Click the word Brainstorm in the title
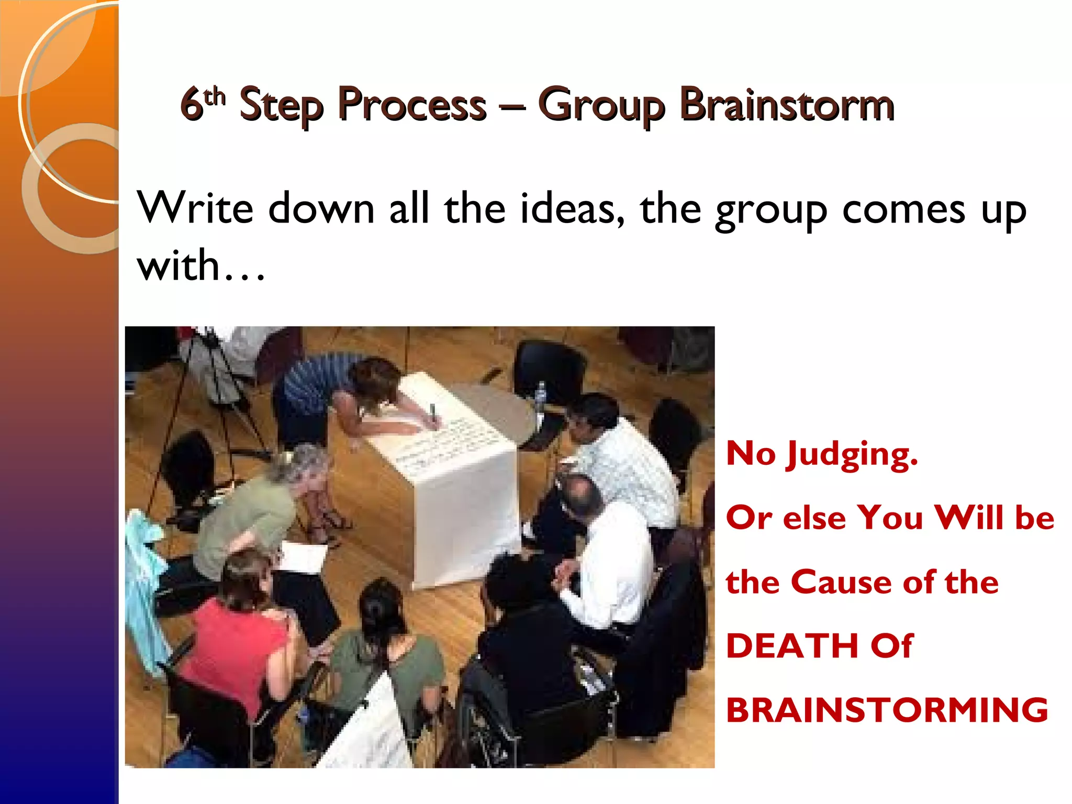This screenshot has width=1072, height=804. pos(786,105)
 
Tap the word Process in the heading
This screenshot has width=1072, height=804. pos(412,105)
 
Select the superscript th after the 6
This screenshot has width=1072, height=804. pos(215,97)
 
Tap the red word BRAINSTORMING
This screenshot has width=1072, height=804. pos(887,710)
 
